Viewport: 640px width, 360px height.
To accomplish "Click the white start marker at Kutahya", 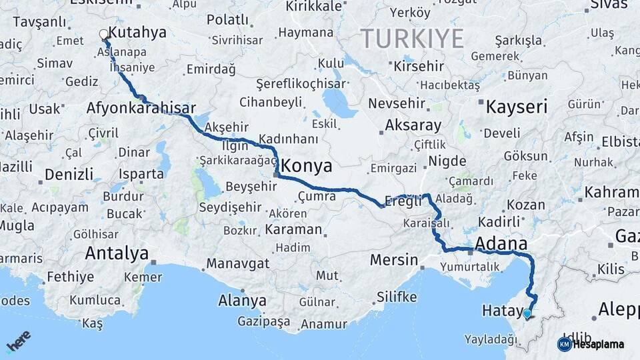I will [x=104, y=34].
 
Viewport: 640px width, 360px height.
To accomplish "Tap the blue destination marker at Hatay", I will [x=527, y=313].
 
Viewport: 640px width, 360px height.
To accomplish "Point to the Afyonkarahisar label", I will [x=141, y=108].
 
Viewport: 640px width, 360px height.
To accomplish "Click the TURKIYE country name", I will [x=413, y=39].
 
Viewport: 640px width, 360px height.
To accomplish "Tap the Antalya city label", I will [x=117, y=253].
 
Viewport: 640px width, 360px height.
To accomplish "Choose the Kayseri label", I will [x=517, y=107].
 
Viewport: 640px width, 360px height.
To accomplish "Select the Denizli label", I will [x=69, y=175].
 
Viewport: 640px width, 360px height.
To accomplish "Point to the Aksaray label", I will [x=413, y=125].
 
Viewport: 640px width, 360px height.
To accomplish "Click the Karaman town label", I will [x=293, y=229].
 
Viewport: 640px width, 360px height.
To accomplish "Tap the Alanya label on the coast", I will [x=243, y=301].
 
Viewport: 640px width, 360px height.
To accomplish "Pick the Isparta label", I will [x=141, y=174].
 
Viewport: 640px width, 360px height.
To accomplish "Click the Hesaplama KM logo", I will [x=591, y=344].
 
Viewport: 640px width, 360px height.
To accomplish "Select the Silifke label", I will [x=397, y=297].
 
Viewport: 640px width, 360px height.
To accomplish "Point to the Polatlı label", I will [x=227, y=20].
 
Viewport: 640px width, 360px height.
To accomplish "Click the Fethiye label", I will [x=70, y=276].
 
